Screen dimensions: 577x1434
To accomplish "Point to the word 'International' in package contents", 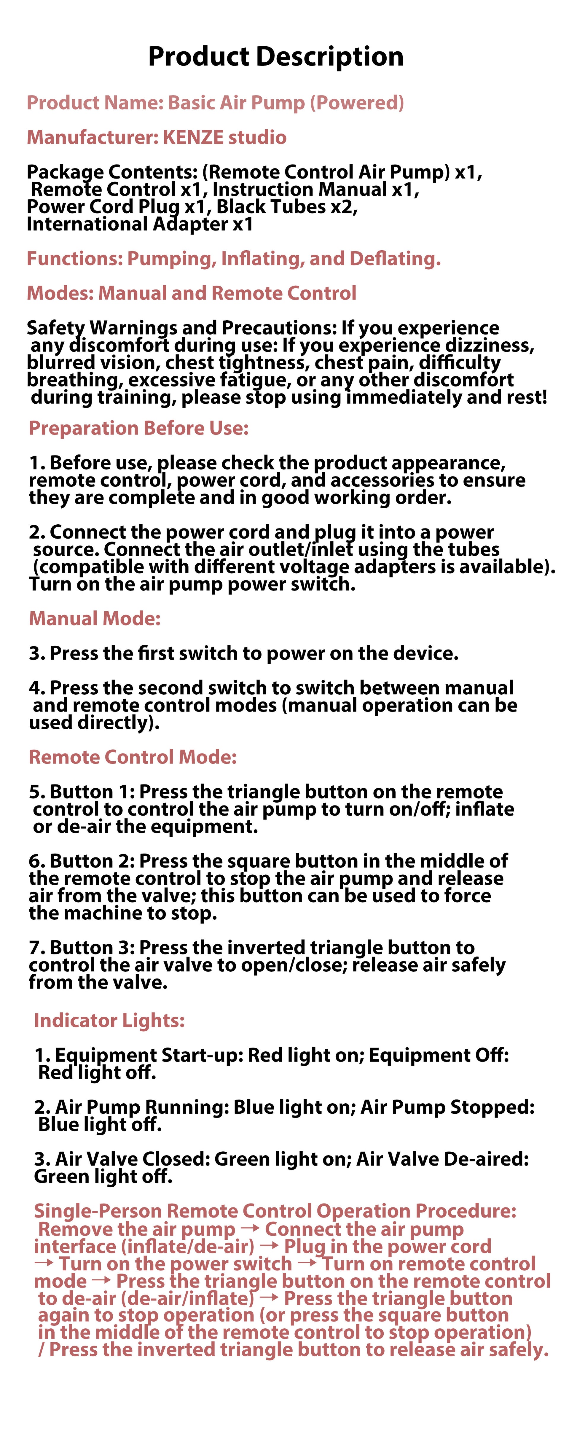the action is (87, 224).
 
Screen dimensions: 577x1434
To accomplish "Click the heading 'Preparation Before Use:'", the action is (138, 428).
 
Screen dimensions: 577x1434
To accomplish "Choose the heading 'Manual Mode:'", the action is (95, 618).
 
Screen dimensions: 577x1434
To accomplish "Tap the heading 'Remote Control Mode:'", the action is (133, 757).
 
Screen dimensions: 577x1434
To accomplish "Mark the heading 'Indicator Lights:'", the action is (109, 1020).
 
